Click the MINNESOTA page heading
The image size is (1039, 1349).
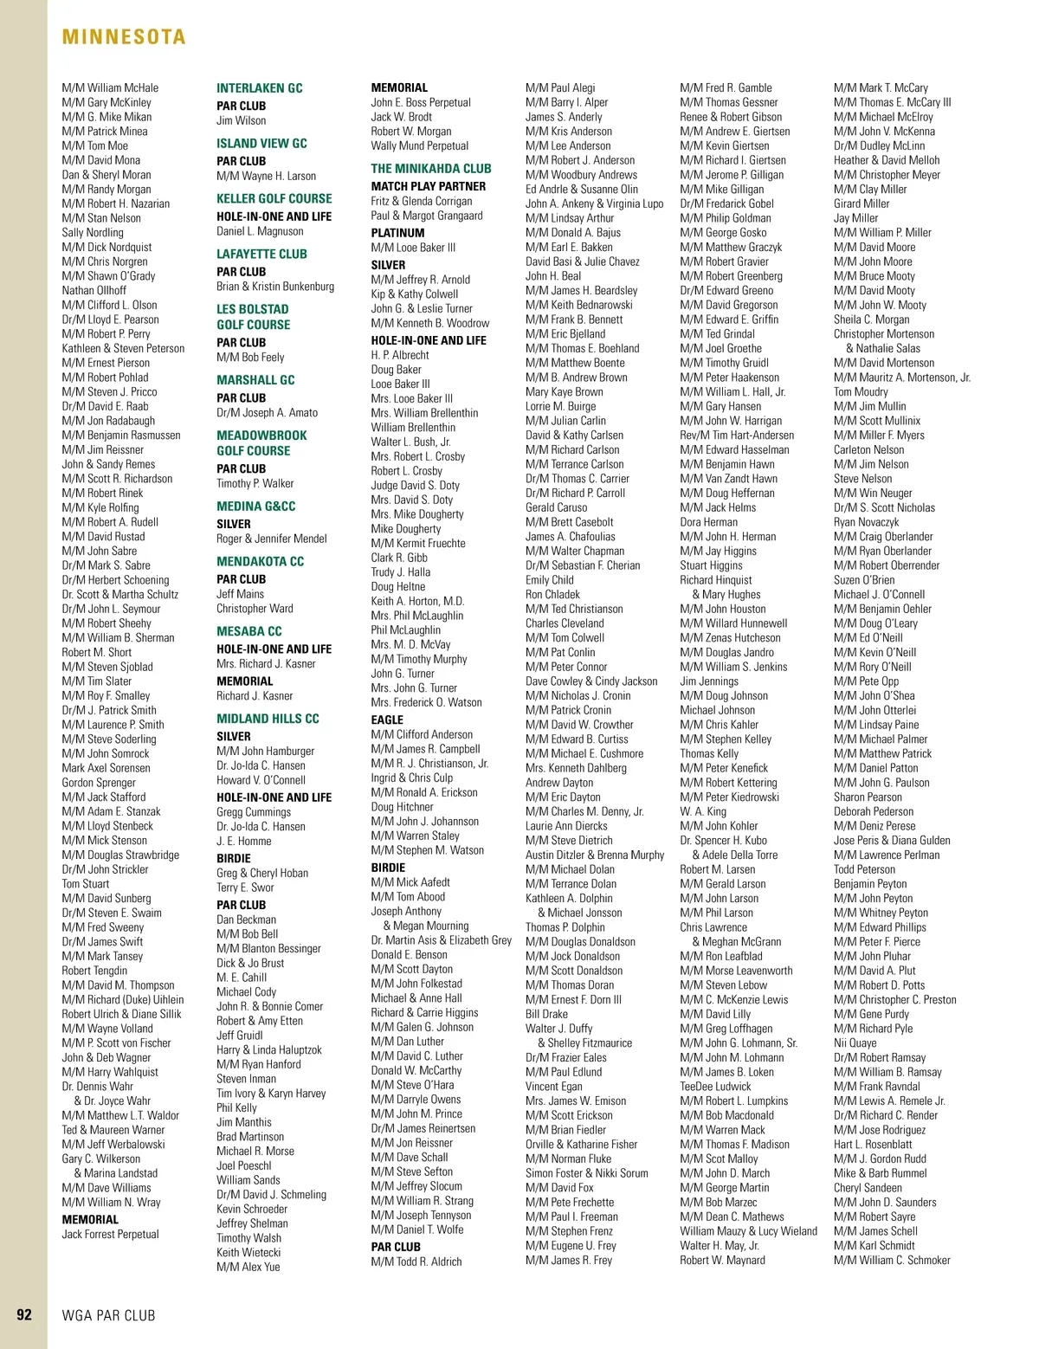(x=124, y=37)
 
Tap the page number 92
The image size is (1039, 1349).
(x=24, y=1314)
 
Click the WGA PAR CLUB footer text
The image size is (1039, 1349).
(x=108, y=1315)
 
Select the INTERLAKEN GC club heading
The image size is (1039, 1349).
(x=259, y=88)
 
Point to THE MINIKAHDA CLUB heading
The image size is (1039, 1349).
(x=430, y=169)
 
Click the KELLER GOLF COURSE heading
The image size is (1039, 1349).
(x=274, y=199)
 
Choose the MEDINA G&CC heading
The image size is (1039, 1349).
(x=255, y=507)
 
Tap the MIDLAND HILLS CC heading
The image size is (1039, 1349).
(x=268, y=719)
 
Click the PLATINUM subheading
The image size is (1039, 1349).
(x=397, y=233)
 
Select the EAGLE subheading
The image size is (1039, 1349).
(x=387, y=720)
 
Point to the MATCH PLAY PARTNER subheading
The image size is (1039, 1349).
(x=428, y=186)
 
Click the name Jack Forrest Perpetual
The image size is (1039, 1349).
(x=110, y=1234)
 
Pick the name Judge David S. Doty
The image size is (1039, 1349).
(x=415, y=485)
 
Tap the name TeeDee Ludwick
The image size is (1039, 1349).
(x=715, y=1086)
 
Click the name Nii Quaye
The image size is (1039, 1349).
(x=855, y=1042)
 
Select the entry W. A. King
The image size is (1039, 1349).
(x=703, y=811)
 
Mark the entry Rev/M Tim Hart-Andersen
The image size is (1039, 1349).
(x=736, y=436)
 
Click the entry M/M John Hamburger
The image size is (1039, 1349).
(x=265, y=751)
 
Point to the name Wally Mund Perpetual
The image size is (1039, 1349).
(x=419, y=145)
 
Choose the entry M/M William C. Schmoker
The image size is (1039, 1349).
(x=892, y=1260)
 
